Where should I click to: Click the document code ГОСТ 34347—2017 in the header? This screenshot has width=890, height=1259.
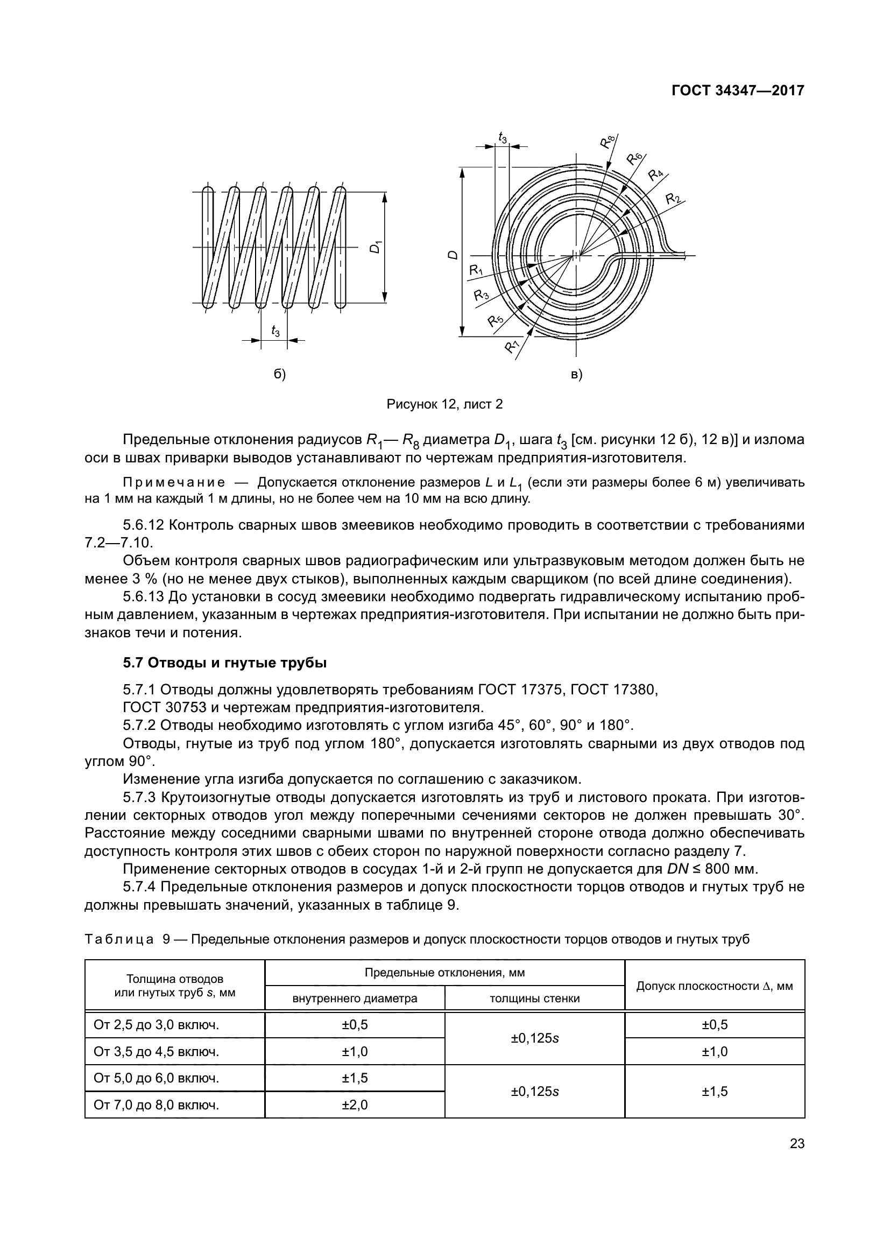point(738,91)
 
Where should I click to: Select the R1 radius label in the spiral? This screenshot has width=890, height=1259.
point(475,270)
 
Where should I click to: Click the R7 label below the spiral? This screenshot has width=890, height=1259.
point(512,346)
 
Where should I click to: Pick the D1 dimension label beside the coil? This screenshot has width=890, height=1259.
point(376,247)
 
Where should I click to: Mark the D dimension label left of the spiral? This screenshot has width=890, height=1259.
point(453,256)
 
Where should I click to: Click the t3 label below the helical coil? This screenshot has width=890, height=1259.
point(275,330)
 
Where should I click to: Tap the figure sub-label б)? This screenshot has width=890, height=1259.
point(279,375)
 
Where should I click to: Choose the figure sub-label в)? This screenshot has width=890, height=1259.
point(576,375)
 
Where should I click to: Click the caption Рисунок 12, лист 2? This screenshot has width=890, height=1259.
point(444,405)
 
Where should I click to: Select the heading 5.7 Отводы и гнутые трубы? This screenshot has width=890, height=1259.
point(225,663)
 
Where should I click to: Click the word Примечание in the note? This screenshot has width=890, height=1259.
point(174,482)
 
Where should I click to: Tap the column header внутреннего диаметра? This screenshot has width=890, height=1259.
point(355,998)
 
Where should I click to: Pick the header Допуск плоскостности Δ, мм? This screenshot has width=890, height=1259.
point(714,986)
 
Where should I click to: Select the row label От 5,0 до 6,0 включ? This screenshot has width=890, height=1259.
point(156,1078)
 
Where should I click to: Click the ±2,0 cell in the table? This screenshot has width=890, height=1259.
point(355,1105)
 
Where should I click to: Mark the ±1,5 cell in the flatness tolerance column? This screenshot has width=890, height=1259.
point(715,1091)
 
